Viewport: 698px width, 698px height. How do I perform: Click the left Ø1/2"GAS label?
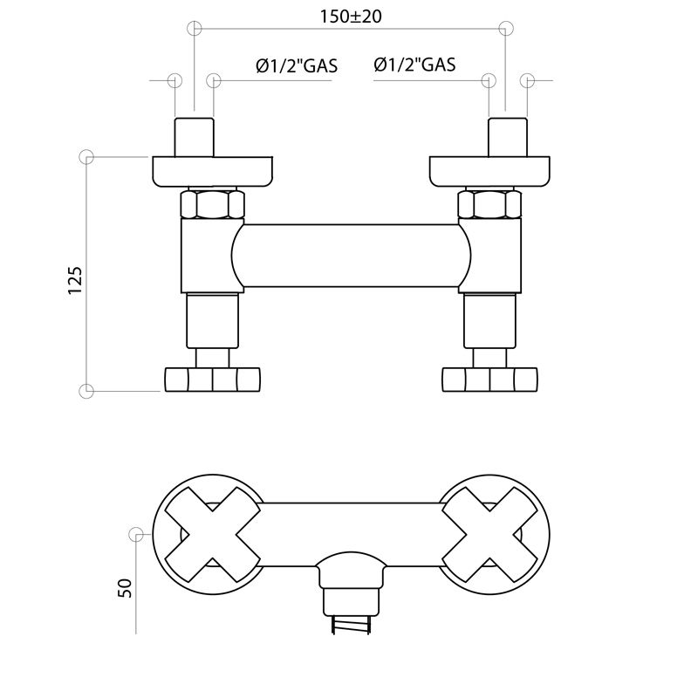297,65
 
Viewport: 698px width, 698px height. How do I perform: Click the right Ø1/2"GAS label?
414,65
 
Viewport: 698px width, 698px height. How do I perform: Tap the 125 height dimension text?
75,281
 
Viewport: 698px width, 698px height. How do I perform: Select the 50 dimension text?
124,587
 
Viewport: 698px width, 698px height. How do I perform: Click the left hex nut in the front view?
212,205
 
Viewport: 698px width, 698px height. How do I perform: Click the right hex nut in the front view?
489,205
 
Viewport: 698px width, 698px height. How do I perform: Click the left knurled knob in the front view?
212,380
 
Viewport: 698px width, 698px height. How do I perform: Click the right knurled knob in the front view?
489,380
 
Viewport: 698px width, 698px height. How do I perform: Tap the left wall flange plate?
212,171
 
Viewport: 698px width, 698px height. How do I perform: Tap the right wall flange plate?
489,171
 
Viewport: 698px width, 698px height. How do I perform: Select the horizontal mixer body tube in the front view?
351,257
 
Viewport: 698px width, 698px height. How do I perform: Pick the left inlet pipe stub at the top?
194,136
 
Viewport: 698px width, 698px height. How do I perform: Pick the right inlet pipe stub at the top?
507,136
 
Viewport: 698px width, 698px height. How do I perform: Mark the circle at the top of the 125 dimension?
86,157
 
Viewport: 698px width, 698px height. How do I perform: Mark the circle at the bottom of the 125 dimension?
86,391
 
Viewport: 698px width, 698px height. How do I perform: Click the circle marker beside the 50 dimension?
136,534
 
